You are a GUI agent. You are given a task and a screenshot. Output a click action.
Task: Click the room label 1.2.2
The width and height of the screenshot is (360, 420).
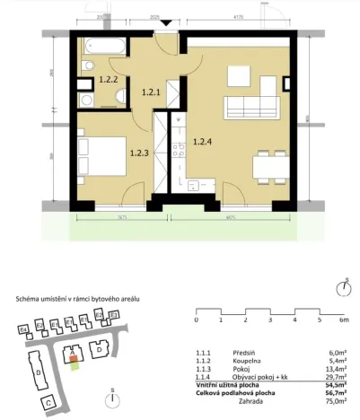(108, 79)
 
